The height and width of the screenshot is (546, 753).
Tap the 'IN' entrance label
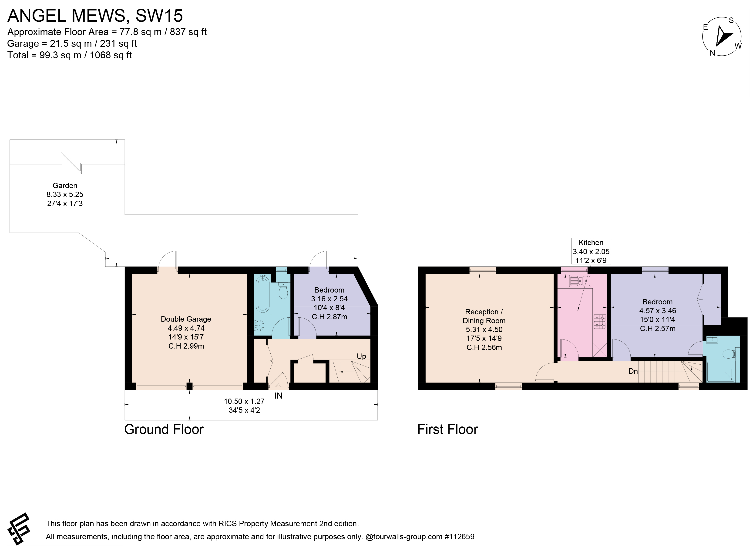(x=278, y=396)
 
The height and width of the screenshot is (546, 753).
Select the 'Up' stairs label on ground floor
(x=361, y=356)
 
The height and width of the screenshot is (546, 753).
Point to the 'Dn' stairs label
(x=633, y=371)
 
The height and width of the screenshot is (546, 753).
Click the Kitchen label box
(x=591, y=251)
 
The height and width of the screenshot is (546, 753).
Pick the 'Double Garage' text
(x=186, y=319)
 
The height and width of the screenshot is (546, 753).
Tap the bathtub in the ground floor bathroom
(x=263, y=294)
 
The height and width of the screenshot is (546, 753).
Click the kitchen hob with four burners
(x=600, y=322)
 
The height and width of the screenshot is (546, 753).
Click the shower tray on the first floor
(x=721, y=372)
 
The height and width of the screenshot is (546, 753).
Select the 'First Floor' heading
(x=447, y=429)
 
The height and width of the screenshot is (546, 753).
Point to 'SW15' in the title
(x=159, y=16)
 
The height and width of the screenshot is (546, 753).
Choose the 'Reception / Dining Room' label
(x=484, y=316)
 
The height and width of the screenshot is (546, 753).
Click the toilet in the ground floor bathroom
(x=283, y=291)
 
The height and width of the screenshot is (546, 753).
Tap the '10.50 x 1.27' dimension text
(x=244, y=401)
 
